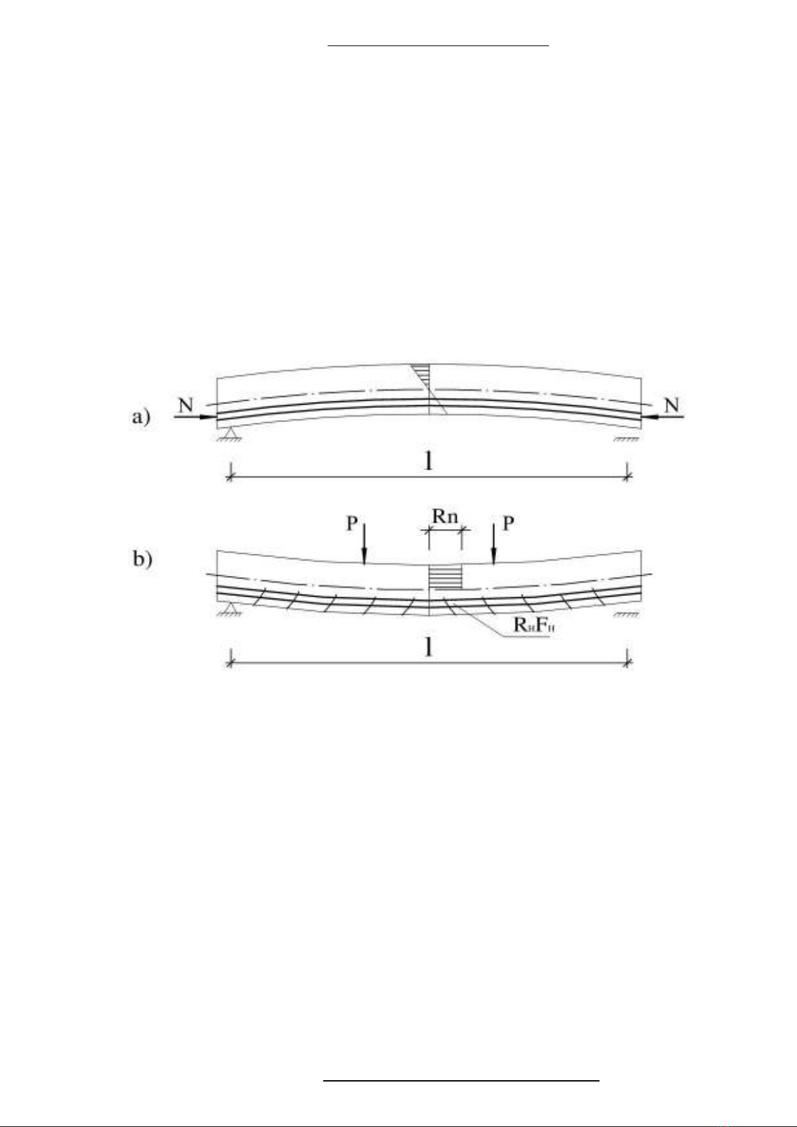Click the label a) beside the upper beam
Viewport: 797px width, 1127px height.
click(141, 417)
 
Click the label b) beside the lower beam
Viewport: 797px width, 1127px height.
click(142, 559)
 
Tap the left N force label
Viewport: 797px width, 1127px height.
click(187, 405)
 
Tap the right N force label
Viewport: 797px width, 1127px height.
click(672, 405)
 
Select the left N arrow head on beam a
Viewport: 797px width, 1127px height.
click(208, 417)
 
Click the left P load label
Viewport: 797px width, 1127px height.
click(352, 524)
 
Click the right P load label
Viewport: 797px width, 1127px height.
click(508, 524)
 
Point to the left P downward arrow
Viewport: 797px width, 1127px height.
click(364, 544)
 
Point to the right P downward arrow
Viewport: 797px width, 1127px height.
click(494, 544)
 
